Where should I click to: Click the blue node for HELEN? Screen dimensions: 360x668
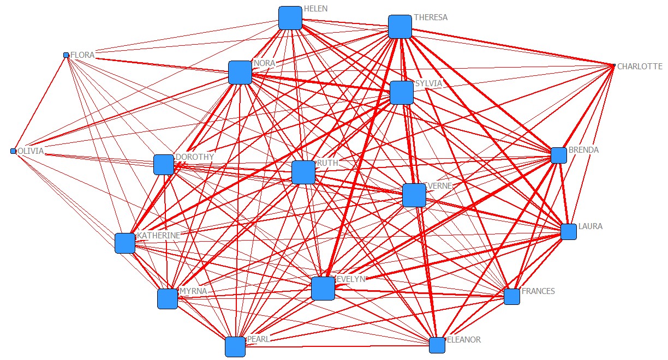[x=290, y=18]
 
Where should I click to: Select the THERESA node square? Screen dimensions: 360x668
[x=399, y=27]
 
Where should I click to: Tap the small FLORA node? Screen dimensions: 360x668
[x=66, y=55]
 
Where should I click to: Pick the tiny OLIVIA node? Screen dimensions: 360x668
[x=13, y=151]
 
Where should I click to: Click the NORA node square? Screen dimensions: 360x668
[x=240, y=73]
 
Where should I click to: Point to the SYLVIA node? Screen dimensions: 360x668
[x=402, y=93]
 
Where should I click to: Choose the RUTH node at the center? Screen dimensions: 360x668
[x=303, y=172]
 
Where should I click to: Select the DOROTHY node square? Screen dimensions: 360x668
[x=164, y=165]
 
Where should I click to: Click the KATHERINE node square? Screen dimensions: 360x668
[x=125, y=243]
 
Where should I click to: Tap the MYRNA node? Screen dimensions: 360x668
[x=168, y=299]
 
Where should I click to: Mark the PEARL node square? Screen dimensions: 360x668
[x=235, y=347]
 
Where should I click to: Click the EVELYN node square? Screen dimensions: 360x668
[x=323, y=288]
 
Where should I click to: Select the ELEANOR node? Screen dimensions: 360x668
[x=437, y=345]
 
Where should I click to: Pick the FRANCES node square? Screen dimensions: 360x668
[x=512, y=297]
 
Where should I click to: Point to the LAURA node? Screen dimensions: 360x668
[x=569, y=232]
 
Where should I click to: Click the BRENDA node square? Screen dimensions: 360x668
[x=559, y=155]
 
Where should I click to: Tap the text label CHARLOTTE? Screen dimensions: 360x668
[x=640, y=67]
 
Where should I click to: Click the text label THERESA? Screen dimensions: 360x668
[x=431, y=17]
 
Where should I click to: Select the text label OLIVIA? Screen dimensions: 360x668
[x=31, y=151]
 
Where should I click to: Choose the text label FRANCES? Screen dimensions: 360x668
[x=538, y=291]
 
